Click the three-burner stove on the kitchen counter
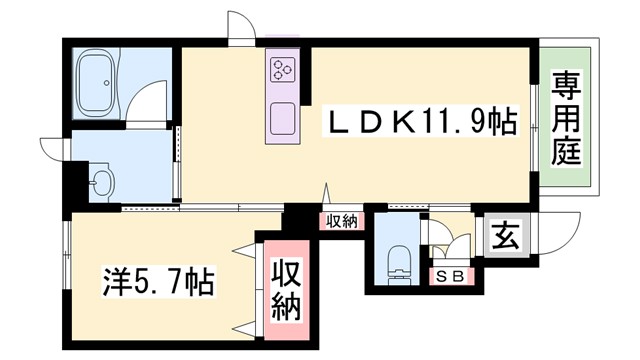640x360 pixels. (x=280, y=69)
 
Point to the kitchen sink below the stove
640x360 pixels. (x=281, y=119)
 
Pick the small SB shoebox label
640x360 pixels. (x=448, y=278)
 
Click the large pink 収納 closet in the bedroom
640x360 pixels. (x=286, y=291)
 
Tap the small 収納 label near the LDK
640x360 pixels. (x=341, y=221)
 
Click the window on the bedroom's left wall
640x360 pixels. (x=66, y=251)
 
